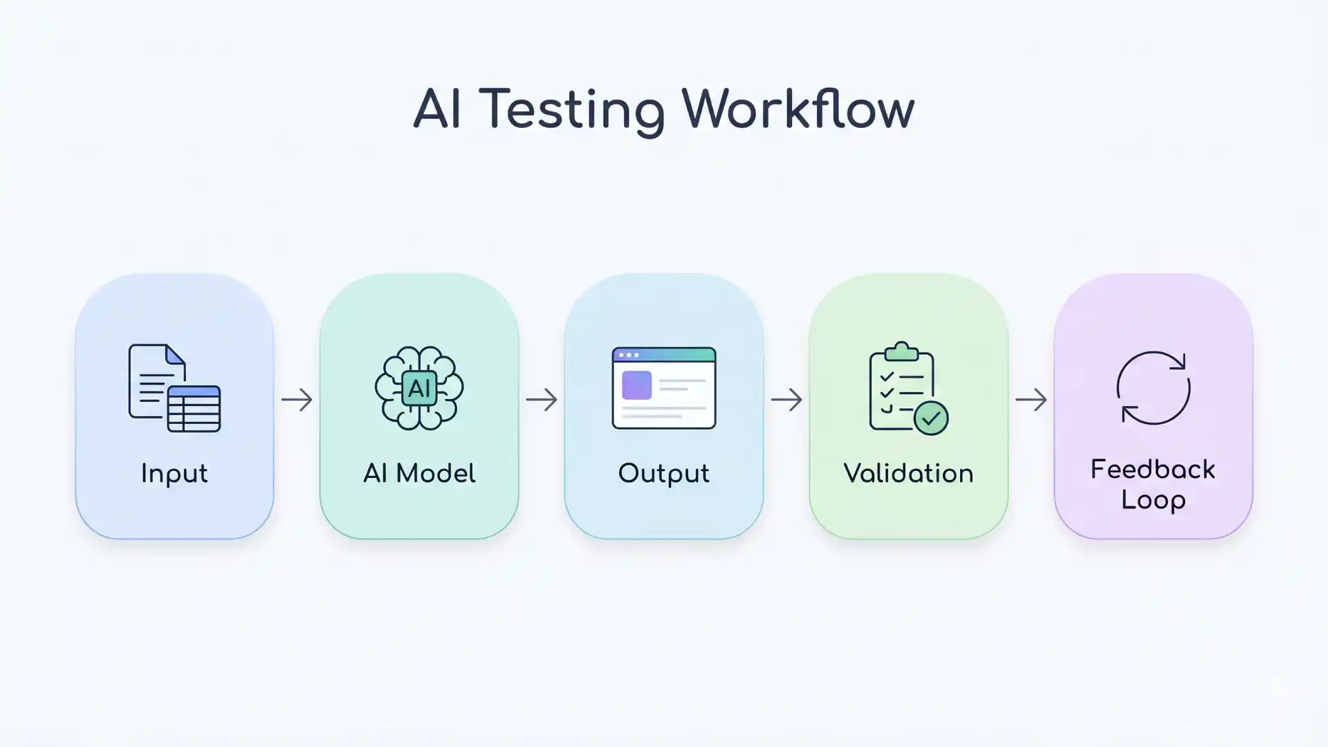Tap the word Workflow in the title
(x=797, y=109)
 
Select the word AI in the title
(x=437, y=109)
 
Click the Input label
(x=174, y=474)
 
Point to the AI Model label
(x=419, y=474)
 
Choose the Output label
(x=663, y=474)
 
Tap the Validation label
(x=908, y=474)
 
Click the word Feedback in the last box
(x=1153, y=470)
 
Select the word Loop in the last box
(x=1153, y=500)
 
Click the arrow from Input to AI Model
(x=297, y=399)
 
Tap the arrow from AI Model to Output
(x=542, y=399)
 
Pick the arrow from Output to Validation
(x=786, y=399)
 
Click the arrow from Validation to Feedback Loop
(x=1031, y=399)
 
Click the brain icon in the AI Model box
(x=419, y=388)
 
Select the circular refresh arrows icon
(x=1153, y=388)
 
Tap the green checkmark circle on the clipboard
(x=931, y=418)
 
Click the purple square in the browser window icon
(x=636, y=385)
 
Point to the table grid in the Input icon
(x=194, y=409)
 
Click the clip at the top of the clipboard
(x=901, y=351)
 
